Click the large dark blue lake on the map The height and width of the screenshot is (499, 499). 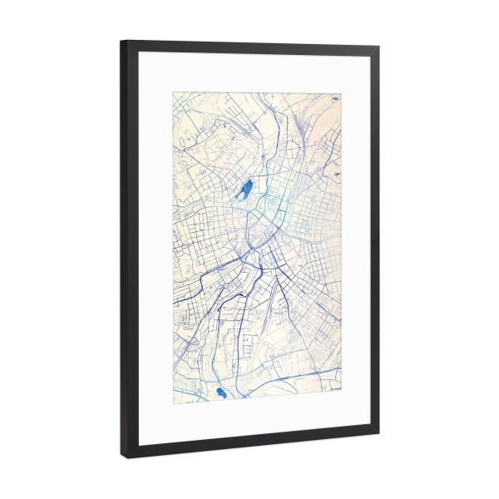pyautogui.click(x=245, y=190)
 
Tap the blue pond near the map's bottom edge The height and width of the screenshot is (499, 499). pyautogui.click(x=221, y=393)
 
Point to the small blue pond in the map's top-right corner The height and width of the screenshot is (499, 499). pyautogui.click(x=334, y=100)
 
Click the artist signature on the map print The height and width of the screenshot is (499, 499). pyautogui.click(x=335, y=385)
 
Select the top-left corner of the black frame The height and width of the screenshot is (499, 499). pyautogui.click(x=121, y=42)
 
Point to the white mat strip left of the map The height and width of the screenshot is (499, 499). pyautogui.click(x=155, y=249)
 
